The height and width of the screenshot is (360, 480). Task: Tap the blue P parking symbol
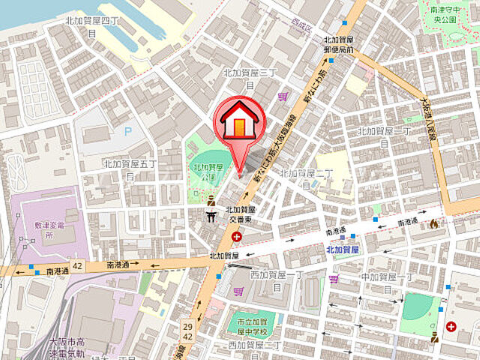(127, 130)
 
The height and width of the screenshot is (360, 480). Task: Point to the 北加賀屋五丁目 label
(130, 168)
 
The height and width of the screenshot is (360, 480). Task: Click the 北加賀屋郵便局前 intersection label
(339, 44)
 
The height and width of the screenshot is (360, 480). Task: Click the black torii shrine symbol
(212, 216)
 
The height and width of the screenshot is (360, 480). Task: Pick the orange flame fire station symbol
(433, 223)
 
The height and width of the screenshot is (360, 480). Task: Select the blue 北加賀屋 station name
(342, 248)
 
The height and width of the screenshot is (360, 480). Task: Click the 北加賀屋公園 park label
(204, 172)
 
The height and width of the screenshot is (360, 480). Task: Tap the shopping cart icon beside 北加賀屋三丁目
(282, 96)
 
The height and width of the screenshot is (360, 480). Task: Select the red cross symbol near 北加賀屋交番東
(238, 236)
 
